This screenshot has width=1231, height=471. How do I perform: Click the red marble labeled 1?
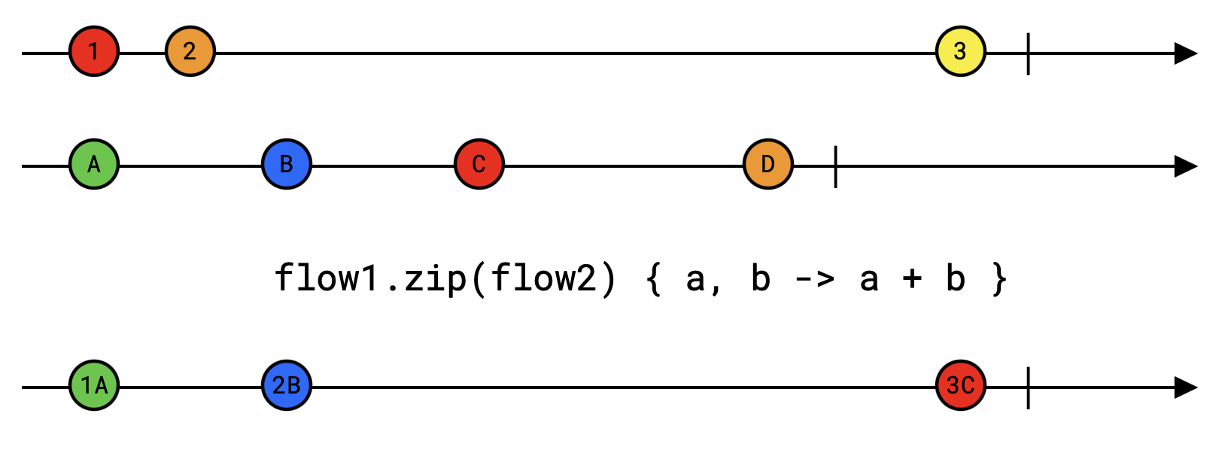click(x=94, y=51)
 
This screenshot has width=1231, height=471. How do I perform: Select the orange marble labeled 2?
click(x=190, y=51)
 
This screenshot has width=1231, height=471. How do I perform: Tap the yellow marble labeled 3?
click(x=961, y=51)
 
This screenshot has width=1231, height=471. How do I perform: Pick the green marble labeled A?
click(x=94, y=164)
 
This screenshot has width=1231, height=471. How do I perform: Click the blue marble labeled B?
click(x=287, y=164)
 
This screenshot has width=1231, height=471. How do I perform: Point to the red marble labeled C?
click(x=479, y=164)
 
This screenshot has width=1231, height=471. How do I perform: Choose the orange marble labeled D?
click(x=768, y=164)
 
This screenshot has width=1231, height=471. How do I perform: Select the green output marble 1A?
click(x=94, y=385)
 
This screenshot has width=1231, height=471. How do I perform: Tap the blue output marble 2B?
click(x=287, y=385)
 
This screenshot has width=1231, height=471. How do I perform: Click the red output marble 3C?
click(x=961, y=385)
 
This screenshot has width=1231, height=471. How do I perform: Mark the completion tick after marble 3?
click(x=1028, y=53)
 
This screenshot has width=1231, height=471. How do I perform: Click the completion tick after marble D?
click(x=835, y=166)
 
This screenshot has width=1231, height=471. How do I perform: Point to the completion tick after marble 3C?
click(x=1028, y=387)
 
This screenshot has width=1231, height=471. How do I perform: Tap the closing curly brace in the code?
click(x=998, y=279)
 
